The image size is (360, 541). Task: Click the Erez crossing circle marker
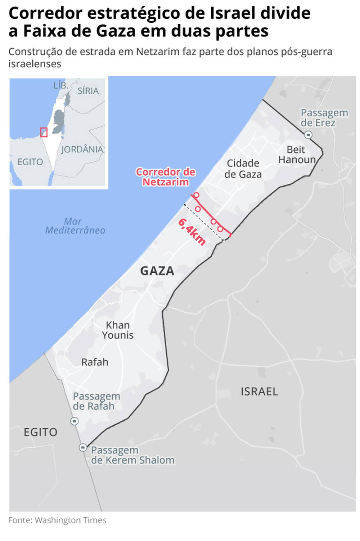point(308,135)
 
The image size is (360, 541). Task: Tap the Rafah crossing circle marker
point(75,421)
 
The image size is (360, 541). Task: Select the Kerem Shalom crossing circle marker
point(83,447)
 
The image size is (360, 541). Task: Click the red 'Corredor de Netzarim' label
point(166,177)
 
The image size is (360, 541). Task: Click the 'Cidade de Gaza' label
point(243,169)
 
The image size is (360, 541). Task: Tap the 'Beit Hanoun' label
point(297,155)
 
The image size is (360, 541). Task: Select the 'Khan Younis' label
point(118,330)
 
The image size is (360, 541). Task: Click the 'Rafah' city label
point(95,362)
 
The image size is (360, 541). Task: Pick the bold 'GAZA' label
point(157,271)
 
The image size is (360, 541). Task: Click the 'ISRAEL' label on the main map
point(259,392)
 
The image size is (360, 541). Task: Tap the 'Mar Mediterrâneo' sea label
point(75,226)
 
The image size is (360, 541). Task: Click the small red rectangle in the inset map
point(44,132)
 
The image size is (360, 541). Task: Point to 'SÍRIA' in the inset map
point(88,91)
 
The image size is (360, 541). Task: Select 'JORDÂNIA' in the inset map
point(82,149)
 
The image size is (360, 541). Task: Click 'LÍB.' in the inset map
point(60,85)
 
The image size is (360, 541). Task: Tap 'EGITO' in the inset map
point(30,162)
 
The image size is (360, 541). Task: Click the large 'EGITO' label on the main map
point(40,432)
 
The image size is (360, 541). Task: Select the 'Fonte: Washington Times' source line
point(57,520)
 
